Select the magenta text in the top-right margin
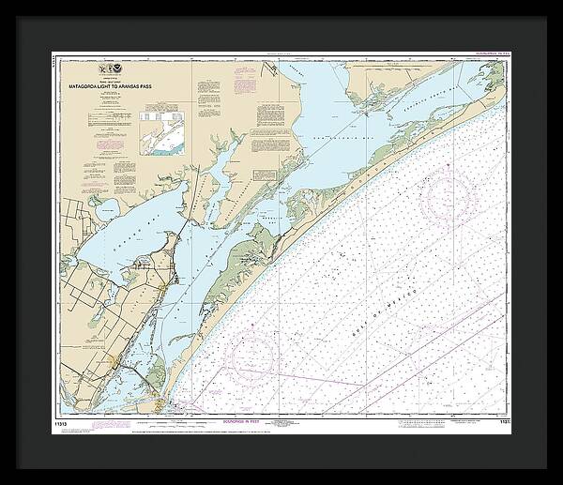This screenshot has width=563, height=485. [484, 57]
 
